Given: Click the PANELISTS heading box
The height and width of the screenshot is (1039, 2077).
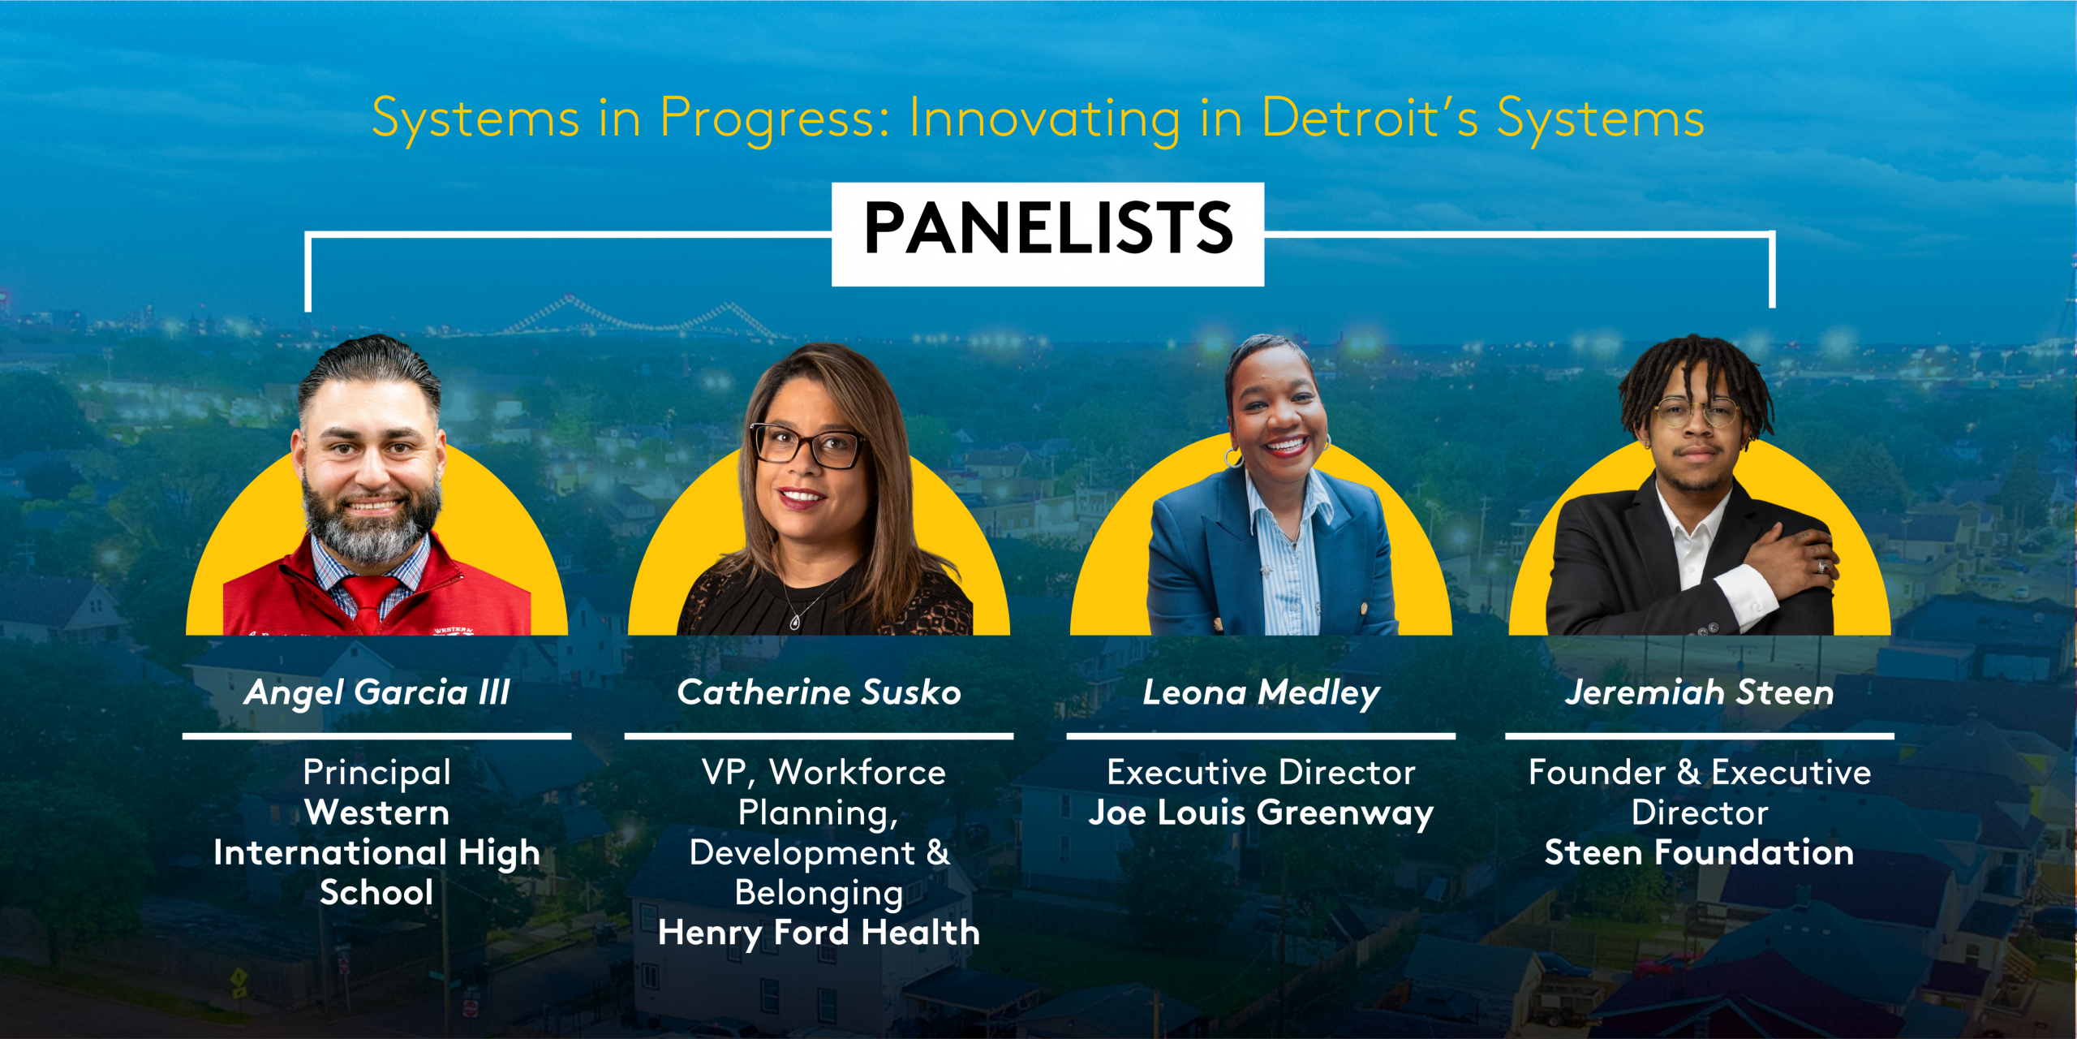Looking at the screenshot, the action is (1047, 234).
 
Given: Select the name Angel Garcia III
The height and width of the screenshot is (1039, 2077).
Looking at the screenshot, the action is (377, 692).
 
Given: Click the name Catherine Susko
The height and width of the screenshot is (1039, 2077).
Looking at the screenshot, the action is (819, 692).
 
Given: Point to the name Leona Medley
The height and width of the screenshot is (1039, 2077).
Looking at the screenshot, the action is (1261, 693).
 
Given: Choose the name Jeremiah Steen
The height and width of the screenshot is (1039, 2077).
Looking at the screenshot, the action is (1700, 692).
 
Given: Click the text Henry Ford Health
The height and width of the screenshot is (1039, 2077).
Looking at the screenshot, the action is (819, 933).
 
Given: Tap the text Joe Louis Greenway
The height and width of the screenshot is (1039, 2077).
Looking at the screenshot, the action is (1261, 813).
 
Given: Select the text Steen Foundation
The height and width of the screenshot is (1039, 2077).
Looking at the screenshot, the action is (1700, 852).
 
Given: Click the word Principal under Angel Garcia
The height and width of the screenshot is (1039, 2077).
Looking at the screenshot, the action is (377, 773).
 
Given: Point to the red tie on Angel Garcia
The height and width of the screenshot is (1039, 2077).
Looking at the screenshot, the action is (369, 601).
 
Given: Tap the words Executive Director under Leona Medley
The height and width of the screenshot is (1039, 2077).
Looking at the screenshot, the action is (1261, 773).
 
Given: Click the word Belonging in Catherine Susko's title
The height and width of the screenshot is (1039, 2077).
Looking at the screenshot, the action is (819, 894).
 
